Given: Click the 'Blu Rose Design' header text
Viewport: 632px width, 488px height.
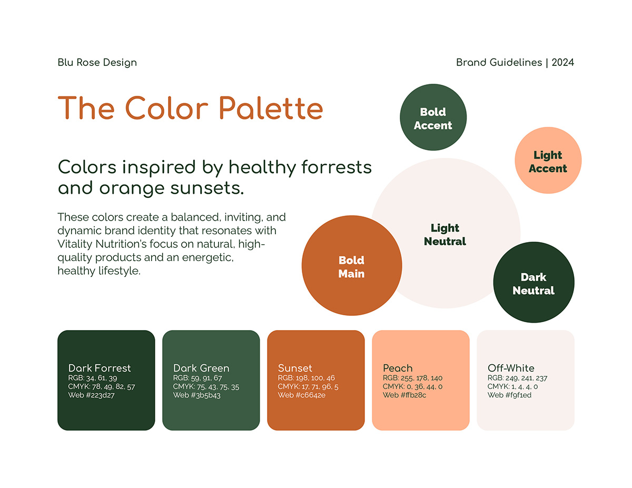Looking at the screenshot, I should [x=97, y=63].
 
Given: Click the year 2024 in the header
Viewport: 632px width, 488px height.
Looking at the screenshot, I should [x=562, y=63].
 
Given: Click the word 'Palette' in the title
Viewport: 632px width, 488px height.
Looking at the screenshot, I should [x=270, y=108].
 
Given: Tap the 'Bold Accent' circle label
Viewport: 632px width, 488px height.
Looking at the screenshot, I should [x=433, y=119].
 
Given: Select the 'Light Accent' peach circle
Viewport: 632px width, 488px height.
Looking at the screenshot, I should [x=548, y=162].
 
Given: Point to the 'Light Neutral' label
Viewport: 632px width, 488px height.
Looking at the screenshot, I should [x=445, y=235].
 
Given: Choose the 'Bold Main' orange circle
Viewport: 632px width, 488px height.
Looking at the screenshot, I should [x=351, y=267].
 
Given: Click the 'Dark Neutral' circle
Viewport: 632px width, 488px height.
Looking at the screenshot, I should [x=534, y=284].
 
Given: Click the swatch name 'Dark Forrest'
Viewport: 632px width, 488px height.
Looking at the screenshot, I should [x=100, y=368].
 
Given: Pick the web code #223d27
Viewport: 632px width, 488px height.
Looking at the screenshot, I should [x=91, y=395].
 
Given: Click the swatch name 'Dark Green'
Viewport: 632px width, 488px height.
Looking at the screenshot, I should [x=201, y=368].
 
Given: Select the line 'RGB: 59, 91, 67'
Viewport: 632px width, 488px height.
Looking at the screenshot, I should [x=197, y=378].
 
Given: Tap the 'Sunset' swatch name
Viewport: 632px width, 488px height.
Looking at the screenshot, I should [x=295, y=368].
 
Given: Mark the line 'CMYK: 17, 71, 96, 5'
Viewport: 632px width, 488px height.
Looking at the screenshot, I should [x=308, y=386].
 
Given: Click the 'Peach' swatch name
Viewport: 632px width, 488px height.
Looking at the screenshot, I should [x=398, y=368].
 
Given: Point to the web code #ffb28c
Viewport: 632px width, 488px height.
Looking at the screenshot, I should [x=404, y=395].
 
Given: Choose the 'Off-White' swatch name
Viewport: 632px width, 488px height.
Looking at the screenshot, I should [x=511, y=368].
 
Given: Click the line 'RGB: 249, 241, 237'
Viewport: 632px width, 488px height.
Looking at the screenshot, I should [x=517, y=378].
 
